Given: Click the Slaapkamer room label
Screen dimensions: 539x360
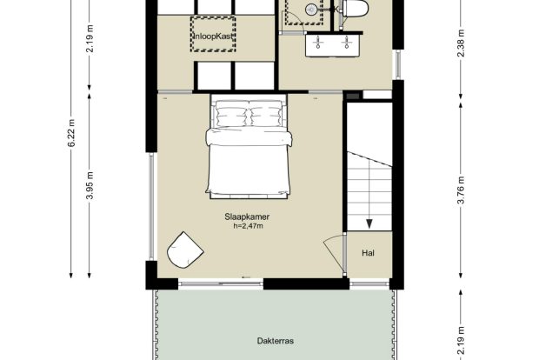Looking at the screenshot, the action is tap(247, 217).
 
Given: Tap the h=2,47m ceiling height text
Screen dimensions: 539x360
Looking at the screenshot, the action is tap(248, 226).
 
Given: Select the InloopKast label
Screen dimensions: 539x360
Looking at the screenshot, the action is tap(214, 36).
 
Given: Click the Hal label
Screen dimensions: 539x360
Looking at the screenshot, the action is tap(368, 253).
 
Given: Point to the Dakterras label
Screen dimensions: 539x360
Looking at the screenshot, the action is tap(276, 341).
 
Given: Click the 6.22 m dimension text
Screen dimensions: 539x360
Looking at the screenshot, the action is tap(71, 133).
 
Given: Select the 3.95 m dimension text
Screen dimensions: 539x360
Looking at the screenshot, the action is tap(90, 185).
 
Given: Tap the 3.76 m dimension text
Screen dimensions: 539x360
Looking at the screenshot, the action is tap(461, 190).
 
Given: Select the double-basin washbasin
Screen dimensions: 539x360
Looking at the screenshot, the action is tap(333, 43).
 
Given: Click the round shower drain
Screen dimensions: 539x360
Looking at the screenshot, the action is tap(311, 10).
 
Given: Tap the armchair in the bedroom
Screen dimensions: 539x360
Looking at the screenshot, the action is tap(184, 250).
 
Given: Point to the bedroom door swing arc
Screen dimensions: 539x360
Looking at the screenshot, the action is tap(332, 255).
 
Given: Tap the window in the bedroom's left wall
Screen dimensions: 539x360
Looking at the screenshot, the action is tap(151, 206).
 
